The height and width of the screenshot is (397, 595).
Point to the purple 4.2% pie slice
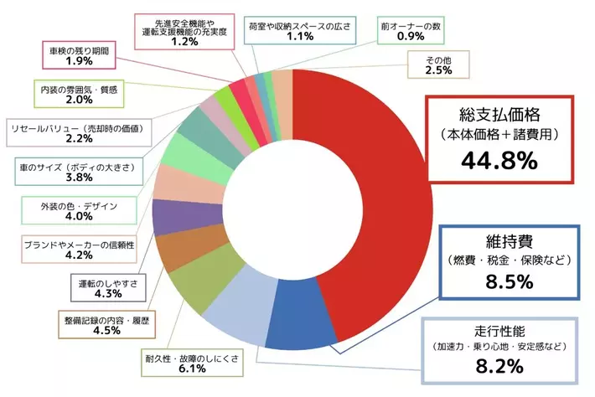[x=173, y=217]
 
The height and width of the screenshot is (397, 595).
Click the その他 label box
[x=439, y=64]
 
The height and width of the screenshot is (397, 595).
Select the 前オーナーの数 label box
[x=411, y=31]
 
